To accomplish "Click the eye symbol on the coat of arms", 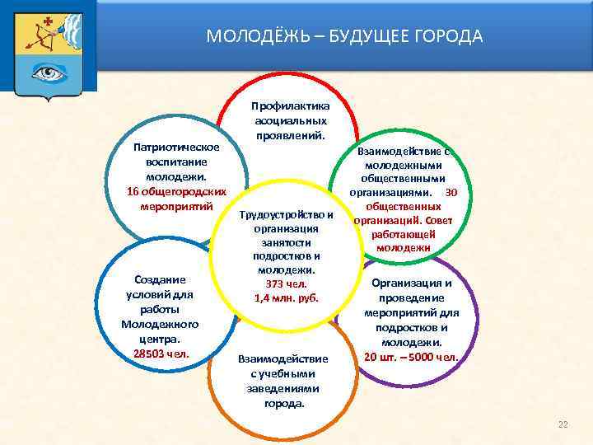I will coord(49,73).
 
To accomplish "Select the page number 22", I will coord(563,424).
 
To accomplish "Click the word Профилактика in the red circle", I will coord(292,106).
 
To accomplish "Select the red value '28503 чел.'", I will coord(161,354).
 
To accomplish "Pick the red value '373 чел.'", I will coord(286,284).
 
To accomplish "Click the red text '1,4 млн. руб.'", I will coord(286,298).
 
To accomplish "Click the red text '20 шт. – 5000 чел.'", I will coord(411,357).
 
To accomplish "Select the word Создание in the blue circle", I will coord(161,280).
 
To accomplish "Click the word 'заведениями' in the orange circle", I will coord(283,389).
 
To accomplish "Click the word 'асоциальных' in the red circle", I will coord(292,121).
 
